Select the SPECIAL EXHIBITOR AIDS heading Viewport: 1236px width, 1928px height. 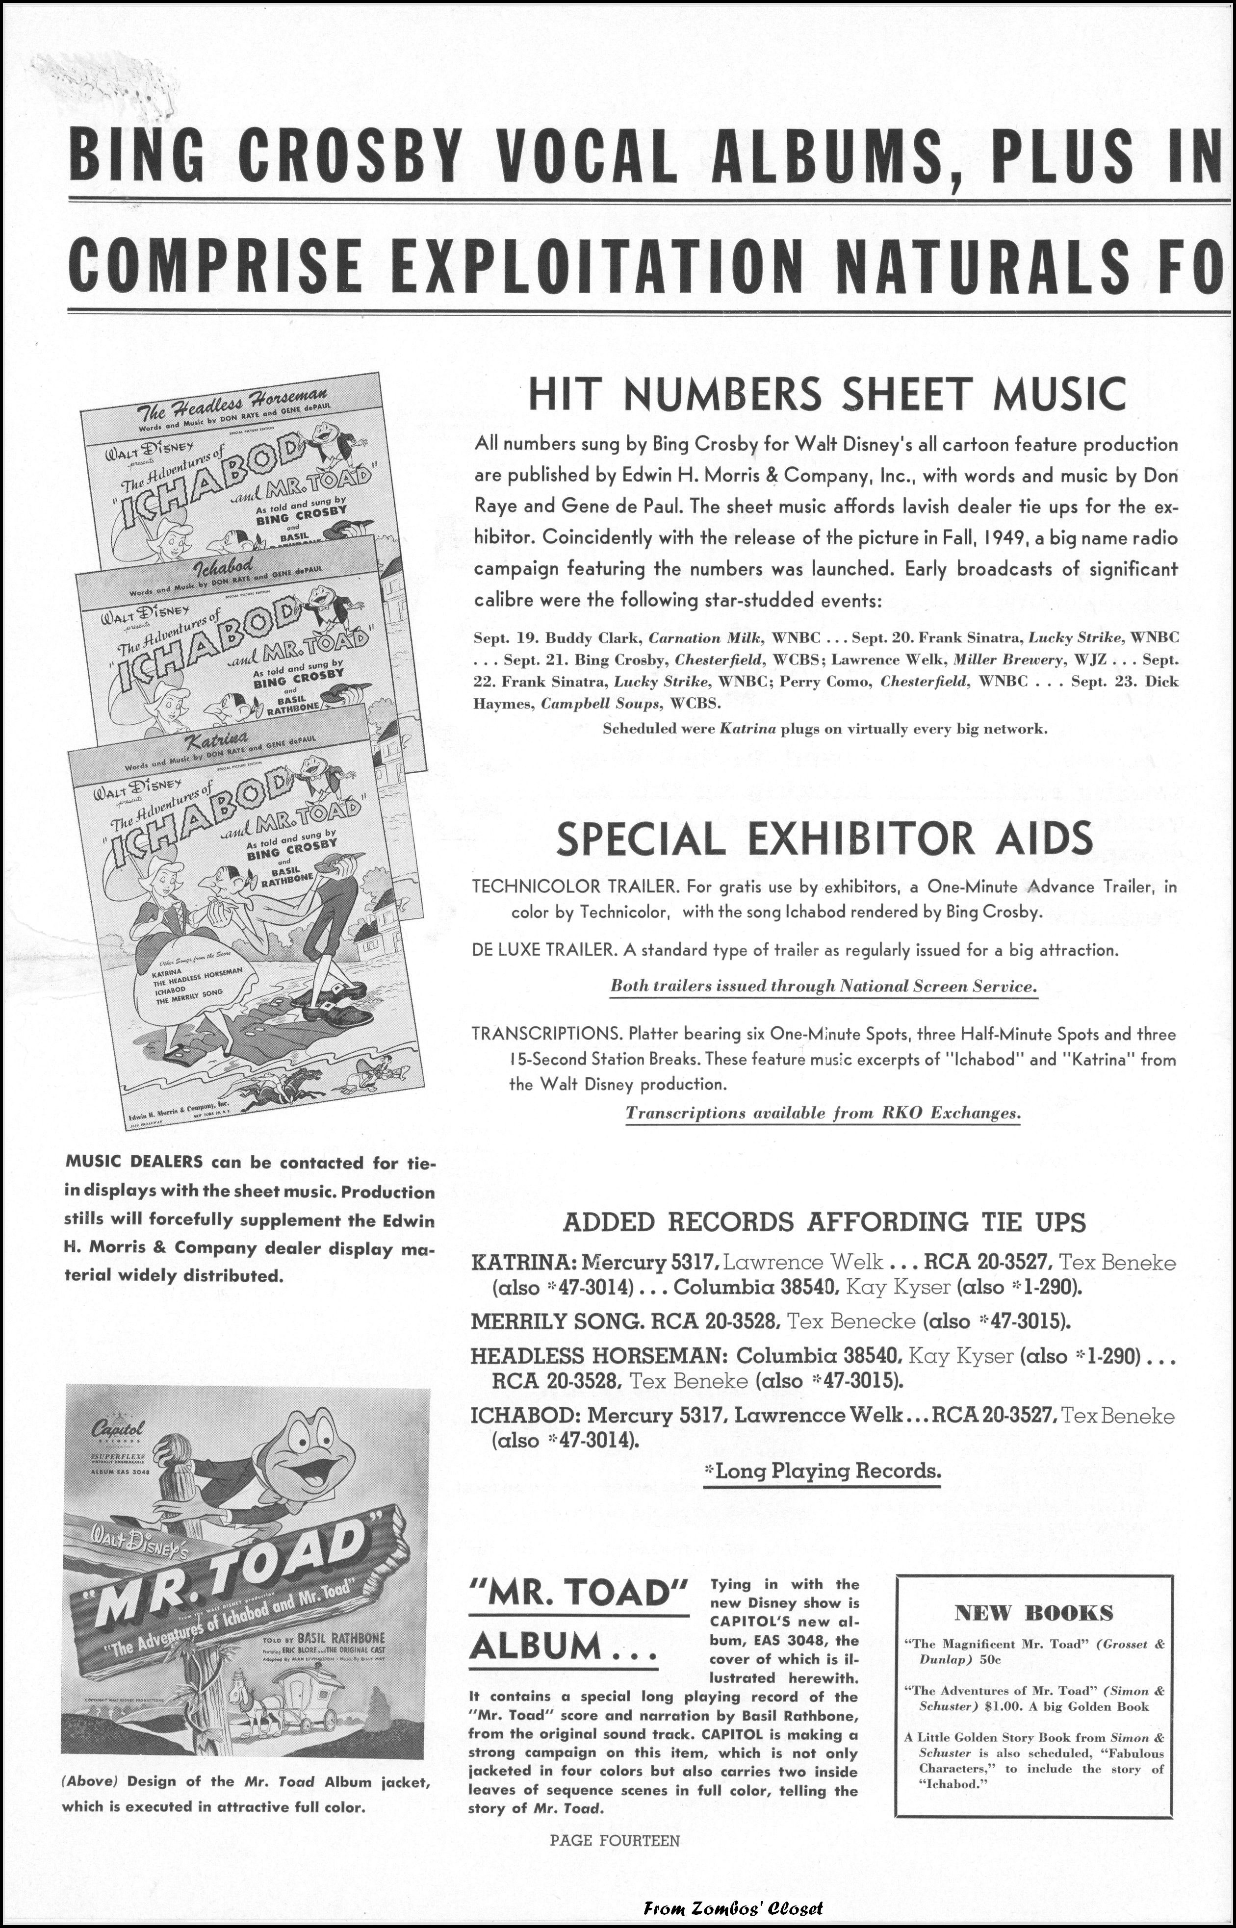pyautogui.click(x=824, y=839)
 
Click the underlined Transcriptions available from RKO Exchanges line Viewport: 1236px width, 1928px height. pyautogui.click(x=823, y=1113)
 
